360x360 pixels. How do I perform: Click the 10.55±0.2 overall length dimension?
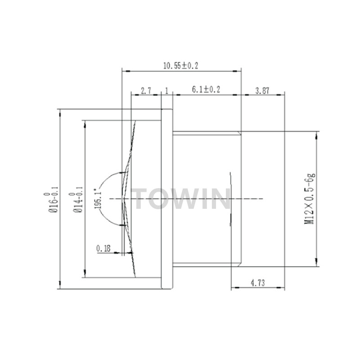point(180,66)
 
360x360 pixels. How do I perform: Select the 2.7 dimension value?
point(146,91)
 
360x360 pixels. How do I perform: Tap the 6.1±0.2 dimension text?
point(206,90)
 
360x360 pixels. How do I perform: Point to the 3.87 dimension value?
point(262,91)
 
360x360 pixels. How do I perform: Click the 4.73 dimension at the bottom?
point(257,283)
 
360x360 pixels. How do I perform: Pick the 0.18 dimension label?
point(103,248)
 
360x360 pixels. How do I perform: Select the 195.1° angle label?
point(98,199)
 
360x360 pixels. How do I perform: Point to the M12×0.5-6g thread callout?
point(310,199)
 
